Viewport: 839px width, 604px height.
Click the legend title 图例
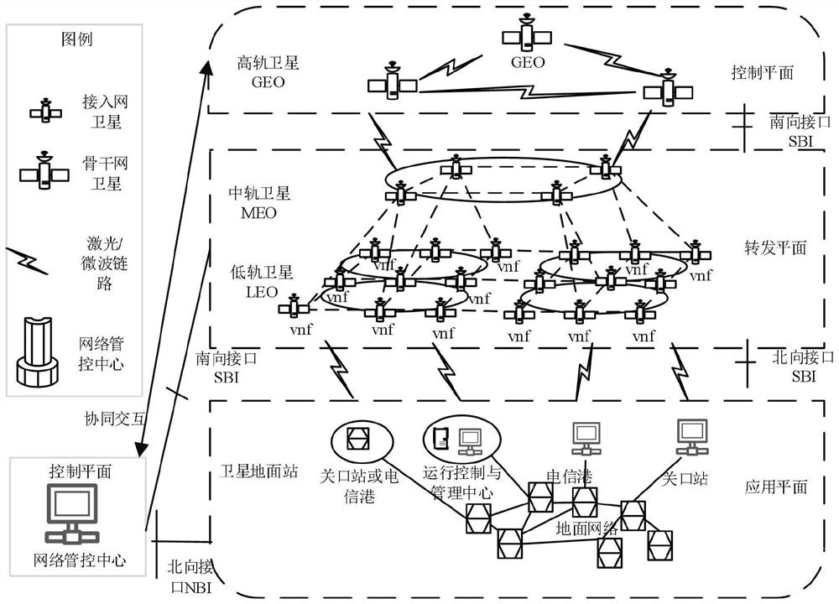[x=77, y=39]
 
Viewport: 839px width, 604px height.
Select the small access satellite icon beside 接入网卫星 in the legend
[x=46, y=111]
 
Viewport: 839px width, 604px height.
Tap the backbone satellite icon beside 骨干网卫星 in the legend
[x=44, y=170]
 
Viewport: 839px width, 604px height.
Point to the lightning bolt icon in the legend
[x=27, y=261]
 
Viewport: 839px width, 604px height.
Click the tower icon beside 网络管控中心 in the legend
[x=36, y=351]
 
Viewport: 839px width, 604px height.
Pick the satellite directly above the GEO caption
[x=527, y=34]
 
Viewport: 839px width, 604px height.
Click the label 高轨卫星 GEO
[x=268, y=73]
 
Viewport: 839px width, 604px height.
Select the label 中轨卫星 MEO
[x=259, y=202]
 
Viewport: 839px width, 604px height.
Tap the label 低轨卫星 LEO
[x=262, y=281]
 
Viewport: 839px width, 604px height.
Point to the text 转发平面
[x=775, y=247]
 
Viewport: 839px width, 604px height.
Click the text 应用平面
[x=776, y=487]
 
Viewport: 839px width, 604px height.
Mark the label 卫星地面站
[x=258, y=471]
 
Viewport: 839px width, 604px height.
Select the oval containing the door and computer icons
[x=462, y=439]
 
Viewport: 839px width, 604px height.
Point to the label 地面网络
[x=587, y=529]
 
